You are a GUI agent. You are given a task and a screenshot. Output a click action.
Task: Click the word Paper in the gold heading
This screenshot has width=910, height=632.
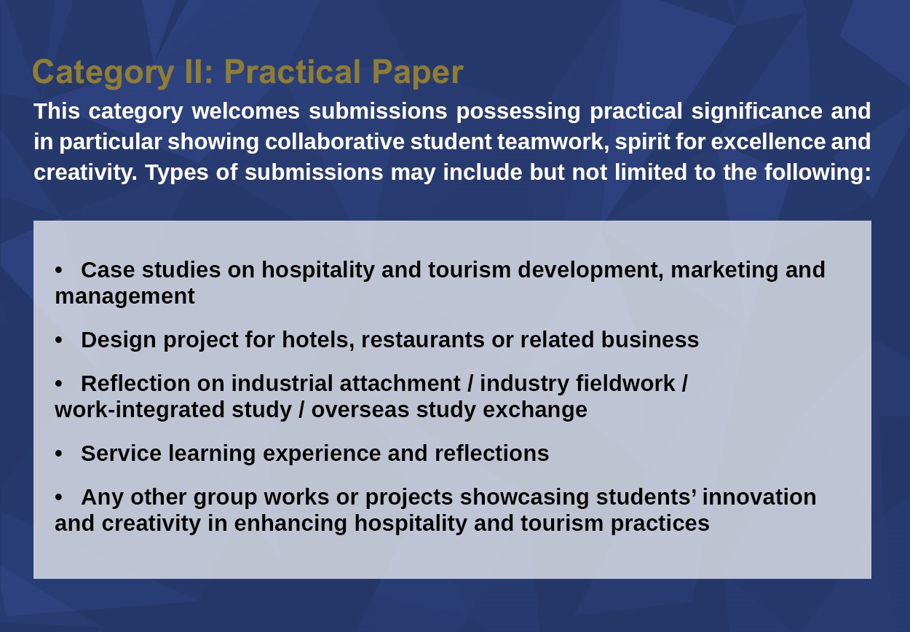pyautogui.click(x=417, y=73)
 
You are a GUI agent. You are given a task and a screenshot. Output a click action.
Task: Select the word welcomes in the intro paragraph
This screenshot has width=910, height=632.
pyautogui.click(x=246, y=111)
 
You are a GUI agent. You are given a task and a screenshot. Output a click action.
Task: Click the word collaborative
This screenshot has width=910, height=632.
pyautogui.click(x=335, y=141)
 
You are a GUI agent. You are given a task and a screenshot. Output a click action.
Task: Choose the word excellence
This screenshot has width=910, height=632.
pyautogui.click(x=768, y=141)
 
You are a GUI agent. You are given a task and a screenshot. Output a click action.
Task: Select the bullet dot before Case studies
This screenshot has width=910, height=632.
pyautogui.click(x=59, y=270)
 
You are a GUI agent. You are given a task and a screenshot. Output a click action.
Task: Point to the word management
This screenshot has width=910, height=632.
pyautogui.click(x=124, y=296)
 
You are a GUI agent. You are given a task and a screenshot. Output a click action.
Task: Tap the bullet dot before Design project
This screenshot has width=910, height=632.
pyautogui.click(x=59, y=340)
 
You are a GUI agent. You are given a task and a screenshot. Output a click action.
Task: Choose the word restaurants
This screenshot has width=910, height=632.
pyautogui.click(x=423, y=340)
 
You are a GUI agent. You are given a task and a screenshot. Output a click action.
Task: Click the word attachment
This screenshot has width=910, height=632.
pyautogui.click(x=400, y=383)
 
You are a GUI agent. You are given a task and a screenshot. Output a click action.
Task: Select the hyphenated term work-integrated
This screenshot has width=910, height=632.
pyautogui.click(x=140, y=410)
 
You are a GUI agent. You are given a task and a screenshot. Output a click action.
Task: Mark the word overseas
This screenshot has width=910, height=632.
pyautogui.click(x=360, y=410)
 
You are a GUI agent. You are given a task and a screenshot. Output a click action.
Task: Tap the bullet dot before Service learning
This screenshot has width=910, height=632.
pyautogui.click(x=59, y=454)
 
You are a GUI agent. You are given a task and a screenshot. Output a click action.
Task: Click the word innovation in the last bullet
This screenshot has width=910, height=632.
pyautogui.click(x=759, y=497)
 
